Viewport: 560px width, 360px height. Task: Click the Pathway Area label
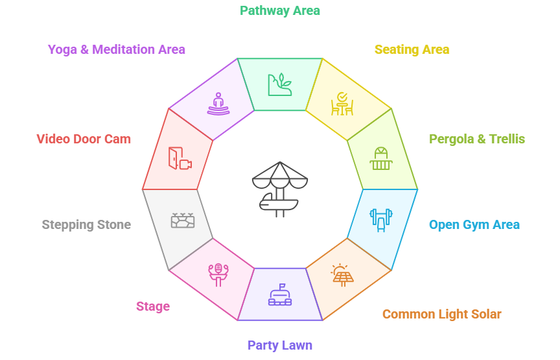click(x=280, y=10)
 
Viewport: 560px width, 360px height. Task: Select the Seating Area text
click(x=412, y=49)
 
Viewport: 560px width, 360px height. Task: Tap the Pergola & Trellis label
click(x=476, y=139)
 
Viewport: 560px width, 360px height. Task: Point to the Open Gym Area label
click(x=474, y=225)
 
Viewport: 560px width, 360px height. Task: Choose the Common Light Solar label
click(x=441, y=314)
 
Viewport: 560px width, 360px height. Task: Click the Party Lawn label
click(x=280, y=345)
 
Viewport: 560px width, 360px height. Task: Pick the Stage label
click(x=153, y=306)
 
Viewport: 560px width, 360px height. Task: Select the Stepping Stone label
click(x=86, y=225)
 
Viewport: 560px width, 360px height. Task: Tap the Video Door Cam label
click(x=84, y=139)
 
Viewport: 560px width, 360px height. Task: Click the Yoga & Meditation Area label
click(x=117, y=49)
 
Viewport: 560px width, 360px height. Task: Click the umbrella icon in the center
click(x=280, y=188)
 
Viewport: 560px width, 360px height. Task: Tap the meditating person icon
click(x=218, y=104)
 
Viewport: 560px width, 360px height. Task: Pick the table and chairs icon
click(x=342, y=104)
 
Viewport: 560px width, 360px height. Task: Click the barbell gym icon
click(x=380, y=219)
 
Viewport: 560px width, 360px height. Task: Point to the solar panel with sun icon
click(x=342, y=275)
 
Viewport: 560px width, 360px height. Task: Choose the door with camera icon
click(x=180, y=159)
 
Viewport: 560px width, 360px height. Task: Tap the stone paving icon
click(x=183, y=220)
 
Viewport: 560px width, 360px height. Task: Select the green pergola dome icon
click(x=380, y=158)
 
